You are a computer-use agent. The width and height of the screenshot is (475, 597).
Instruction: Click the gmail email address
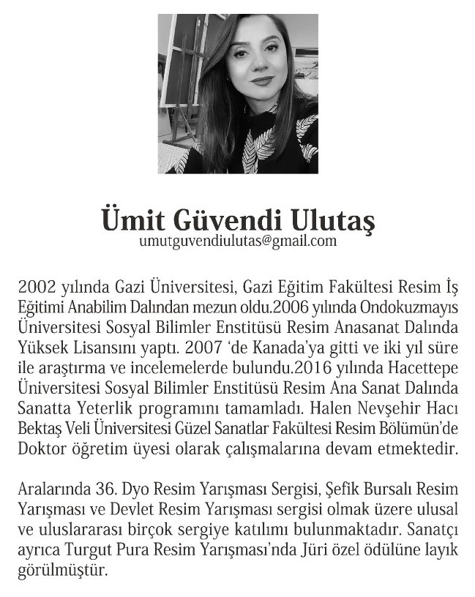point(237,241)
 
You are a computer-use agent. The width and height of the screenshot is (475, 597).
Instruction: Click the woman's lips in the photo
point(260,81)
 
